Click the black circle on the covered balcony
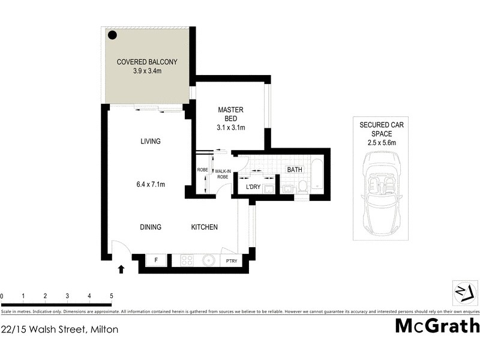click(x=112, y=35)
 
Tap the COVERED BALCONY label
click(x=147, y=62)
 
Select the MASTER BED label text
click(x=230, y=114)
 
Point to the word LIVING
click(x=151, y=142)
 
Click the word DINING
click(x=151, y=227)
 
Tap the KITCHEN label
click(x=204, y=227)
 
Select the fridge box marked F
click(x=156, y=260)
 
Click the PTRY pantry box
click(x=231, y=260)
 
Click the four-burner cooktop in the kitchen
click(x=186, y=260)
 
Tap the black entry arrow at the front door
click(x=122, y=269)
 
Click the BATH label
click(x=295, y=170)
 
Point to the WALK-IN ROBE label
click(x=223, y=174)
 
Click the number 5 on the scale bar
click(x=111, y=296)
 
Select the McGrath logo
click(x=437, y=326)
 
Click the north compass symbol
click(x=460, y=292)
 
